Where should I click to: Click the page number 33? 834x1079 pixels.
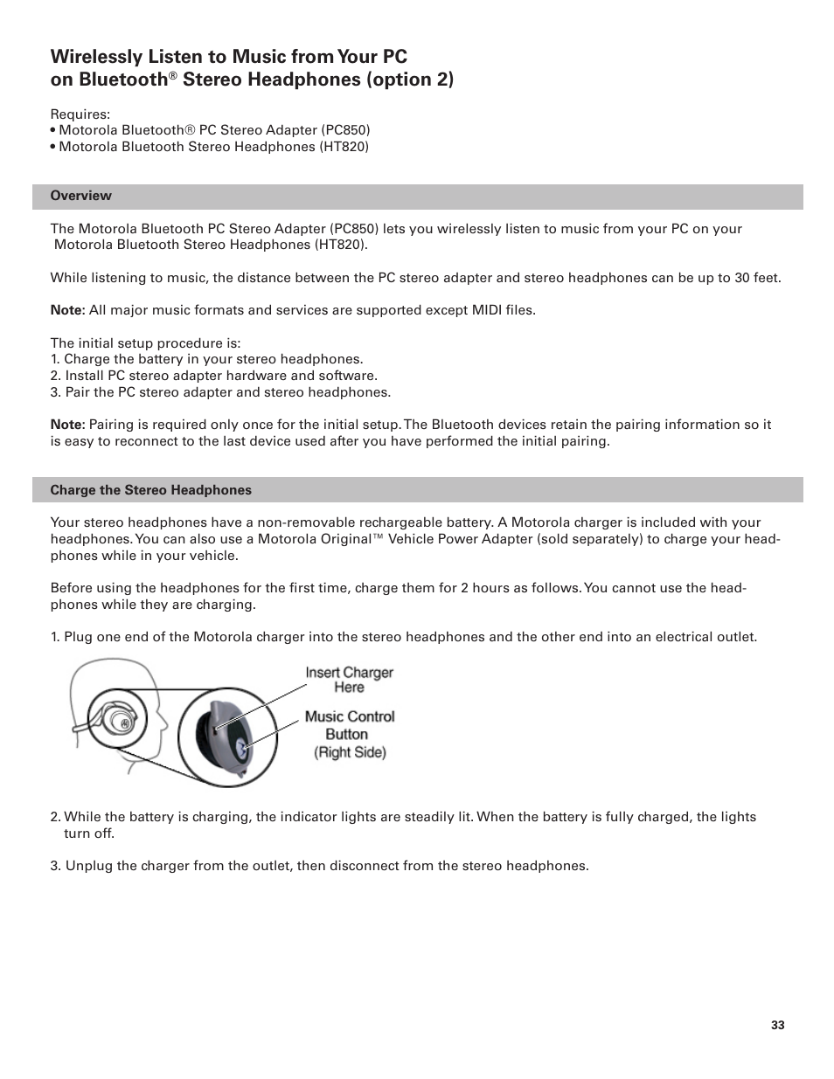click(777, 1025)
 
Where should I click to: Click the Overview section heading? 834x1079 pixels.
click(80, 196)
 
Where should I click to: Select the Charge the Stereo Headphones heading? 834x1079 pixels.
click(150, 490)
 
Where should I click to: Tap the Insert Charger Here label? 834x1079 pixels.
click(349, 680)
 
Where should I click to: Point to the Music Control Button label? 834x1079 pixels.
click(349, 725)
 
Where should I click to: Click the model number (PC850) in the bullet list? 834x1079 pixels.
click(345, 130)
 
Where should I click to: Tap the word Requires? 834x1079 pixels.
click(80, 114)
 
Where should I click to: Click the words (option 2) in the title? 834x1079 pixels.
click(411, 80)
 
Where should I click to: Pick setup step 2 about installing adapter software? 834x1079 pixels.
click(214, 376)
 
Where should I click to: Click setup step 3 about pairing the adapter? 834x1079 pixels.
click(220, 392)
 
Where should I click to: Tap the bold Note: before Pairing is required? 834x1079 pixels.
click(67, 425)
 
